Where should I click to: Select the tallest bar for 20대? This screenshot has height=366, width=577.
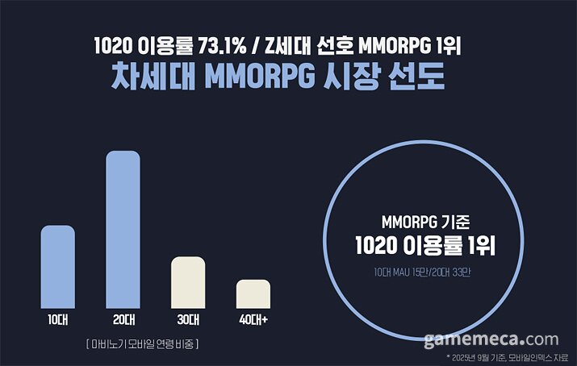coord(123,229)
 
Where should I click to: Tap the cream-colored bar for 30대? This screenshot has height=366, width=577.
coord(188,282)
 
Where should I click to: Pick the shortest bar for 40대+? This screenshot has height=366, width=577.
coord(253,293)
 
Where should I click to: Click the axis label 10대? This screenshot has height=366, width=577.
coord(57,320)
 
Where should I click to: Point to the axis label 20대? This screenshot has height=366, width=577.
coord(123,320)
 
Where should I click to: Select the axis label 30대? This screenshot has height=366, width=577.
coord(188,320)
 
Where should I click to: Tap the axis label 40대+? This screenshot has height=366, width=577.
coord(253,320)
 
